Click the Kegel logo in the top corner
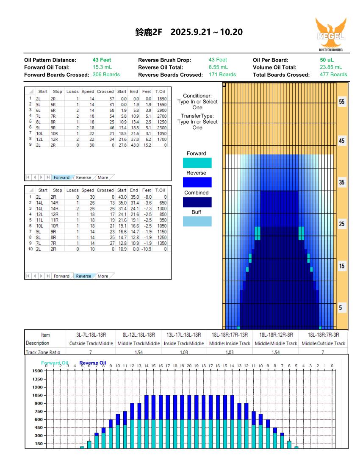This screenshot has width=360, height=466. pos(331,34)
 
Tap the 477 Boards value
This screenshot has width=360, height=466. pos(333,74)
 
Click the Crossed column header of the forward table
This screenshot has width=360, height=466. pos(105,92)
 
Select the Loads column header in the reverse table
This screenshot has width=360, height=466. pos(73,190)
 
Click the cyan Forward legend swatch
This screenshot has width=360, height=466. pos(197,163)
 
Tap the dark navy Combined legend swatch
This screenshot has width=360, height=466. pos(197,202)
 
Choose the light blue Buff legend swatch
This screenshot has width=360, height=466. pos(197,221)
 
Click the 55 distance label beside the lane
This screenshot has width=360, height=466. pos(341,103)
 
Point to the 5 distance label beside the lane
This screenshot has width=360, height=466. pos(341,308)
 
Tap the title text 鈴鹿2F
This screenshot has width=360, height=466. pos(147,32)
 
